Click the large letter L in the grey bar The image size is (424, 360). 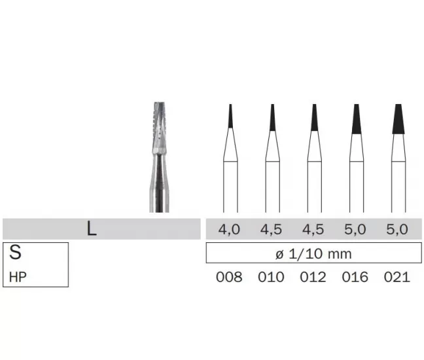[x=92, y=229]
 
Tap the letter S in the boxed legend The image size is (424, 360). [x=15, y=252]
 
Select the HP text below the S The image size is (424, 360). [x=18, y=278]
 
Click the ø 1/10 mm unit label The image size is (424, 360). [x=313, y=254]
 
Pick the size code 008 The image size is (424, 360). [x=229, y=277]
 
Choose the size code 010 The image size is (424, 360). [x=272, y=277]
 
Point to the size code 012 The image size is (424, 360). [x=313, y=277]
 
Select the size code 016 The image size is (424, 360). [x=355, y=277]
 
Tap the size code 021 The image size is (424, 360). [x=397, y=277]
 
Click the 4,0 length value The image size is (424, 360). [x=229, y=230]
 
